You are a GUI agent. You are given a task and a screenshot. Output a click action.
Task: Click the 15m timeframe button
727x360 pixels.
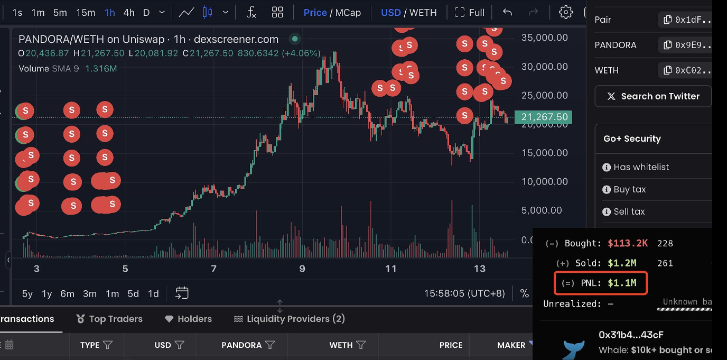point(86,12)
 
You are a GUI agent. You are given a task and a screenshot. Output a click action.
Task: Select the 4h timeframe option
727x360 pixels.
point(129,12)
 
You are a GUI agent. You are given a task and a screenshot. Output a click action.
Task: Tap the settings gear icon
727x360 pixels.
point(566,12)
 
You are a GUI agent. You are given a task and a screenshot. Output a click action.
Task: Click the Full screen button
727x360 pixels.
point(470,12)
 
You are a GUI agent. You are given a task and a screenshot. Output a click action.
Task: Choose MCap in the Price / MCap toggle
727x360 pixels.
point(348,12)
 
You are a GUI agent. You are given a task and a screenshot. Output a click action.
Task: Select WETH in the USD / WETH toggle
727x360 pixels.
point(423,12)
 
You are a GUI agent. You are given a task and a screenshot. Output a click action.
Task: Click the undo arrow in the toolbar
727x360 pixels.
point(508,12)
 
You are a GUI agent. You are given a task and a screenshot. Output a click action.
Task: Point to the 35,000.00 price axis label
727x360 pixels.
point(544,38)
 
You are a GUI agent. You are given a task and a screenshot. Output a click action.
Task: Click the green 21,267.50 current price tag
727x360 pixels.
point(544,117)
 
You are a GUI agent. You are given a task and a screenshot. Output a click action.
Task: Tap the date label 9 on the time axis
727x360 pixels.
point(302,269)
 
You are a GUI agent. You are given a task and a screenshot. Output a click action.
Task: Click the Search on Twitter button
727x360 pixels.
point(653,96)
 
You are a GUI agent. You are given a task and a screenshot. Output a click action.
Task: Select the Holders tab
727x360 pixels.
point(189,319)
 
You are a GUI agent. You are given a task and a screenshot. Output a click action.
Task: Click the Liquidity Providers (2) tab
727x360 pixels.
point(290,319)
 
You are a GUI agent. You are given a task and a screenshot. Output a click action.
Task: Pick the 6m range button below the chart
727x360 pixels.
point(67,293)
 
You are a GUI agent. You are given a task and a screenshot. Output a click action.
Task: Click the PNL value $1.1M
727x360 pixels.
point(622,283)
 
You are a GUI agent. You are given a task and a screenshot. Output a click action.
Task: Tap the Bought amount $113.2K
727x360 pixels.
point(628,243)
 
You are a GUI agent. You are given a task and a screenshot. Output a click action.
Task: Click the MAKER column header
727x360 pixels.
point(511,345)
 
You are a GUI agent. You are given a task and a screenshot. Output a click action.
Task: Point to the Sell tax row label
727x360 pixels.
point(629,211)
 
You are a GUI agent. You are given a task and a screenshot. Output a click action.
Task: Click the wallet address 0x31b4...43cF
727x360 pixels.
point(631,335)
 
